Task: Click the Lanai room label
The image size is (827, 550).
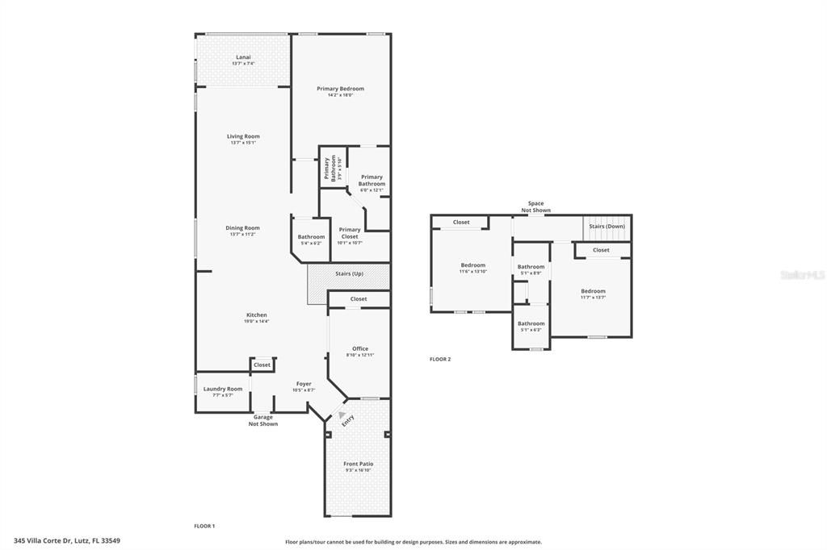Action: [243, 57]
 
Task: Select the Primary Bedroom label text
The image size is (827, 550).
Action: [340, 89]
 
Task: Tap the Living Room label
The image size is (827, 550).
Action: [243, 136]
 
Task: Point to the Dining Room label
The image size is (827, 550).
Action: [242, 228]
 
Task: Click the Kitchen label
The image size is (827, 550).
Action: [256, 315]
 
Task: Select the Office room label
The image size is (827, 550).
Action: [359, 349]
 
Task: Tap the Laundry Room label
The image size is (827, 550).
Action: [222, 389]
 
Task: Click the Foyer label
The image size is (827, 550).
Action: [304, 384]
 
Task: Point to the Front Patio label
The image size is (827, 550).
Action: [358, 464]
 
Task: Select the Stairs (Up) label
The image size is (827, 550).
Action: [349, 273]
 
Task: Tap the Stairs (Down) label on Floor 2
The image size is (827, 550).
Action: [607, 227]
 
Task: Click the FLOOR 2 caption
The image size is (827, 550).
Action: [440, 359]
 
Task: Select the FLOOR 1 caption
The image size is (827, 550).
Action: [204, 526]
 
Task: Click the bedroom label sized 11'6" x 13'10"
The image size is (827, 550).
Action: [473, 265]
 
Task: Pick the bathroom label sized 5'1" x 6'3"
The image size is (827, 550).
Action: [531, 324]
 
